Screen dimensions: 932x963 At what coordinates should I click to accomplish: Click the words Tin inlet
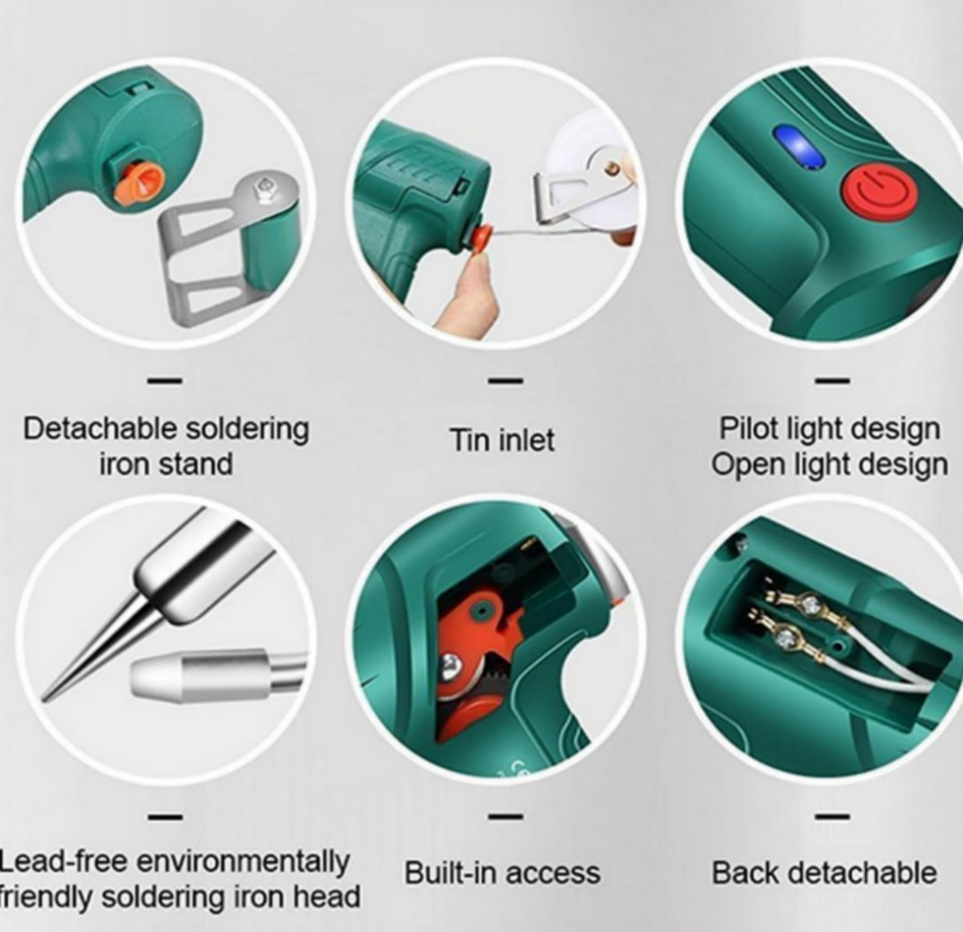[x=502, y=439]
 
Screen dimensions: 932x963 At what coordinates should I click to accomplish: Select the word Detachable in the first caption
[x=100, y=429]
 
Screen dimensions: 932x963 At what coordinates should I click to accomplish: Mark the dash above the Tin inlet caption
[x=505, y=380]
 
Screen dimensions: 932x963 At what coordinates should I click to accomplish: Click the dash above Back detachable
[x=831, y=816]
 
